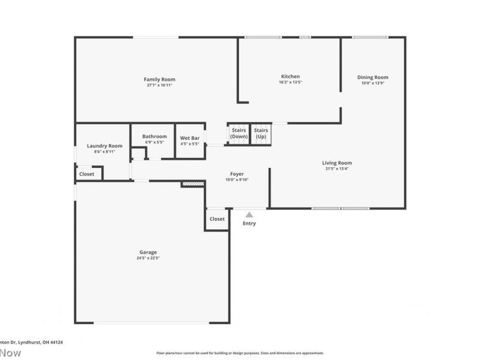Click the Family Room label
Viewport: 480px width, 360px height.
click(x=159, y=79)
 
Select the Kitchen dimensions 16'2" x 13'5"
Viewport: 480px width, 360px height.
click(x=290, y=83)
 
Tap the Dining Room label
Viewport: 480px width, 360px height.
click(x=372, y=77)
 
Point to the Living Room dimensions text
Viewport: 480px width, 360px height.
click(x=337, y=169)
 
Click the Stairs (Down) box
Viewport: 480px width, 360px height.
click(x=238, y=133)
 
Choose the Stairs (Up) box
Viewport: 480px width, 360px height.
click(x=261, y=133)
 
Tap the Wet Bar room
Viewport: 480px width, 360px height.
click(x=190, y=141)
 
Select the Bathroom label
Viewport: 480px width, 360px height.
click(x=154, y=137)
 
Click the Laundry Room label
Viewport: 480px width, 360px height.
click(x=105, y=146)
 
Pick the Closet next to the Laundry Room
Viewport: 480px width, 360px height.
click(x=86, y=174)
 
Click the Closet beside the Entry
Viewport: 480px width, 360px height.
click(x=217, y=219)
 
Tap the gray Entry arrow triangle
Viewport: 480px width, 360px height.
click(x=249, y=214)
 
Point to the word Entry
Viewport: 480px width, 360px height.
click(x=249, y=223)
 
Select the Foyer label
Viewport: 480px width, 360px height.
click(x=237, y=174)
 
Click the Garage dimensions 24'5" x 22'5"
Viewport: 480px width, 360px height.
click(x=148, y=258)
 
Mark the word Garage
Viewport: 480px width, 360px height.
click(x=148, y=252)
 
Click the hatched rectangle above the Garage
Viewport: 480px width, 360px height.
click(x=193, y=184)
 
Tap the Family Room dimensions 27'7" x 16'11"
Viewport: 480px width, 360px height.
click(x=159, y=85)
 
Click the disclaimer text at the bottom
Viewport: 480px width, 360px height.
click(x=239, y=353)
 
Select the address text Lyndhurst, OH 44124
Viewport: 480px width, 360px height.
click(x=40, y=342)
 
